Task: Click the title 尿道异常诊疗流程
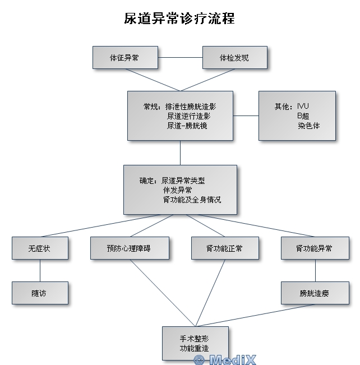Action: click(x=179, y=19)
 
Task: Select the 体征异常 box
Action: click(x=124, y=58)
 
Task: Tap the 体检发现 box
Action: click(x=234, y=58)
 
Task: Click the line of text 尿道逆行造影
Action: click(x=191, y=115)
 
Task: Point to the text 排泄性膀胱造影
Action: click(x=191, y=105)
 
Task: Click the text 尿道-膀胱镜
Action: click(x=187, y=126)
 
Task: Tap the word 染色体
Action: click(x=309, y=126)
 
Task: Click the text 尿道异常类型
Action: click(x=183, y=181)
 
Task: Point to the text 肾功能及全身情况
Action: click(x=192, y=199)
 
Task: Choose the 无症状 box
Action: click(x=40, y=248)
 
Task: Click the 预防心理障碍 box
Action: click(x=130, y=248)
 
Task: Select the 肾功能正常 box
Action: click(x=225, y=248)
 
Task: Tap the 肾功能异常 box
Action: click(x=315, y=248)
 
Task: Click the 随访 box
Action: click(x=40, y=293)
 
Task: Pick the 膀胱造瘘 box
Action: click(x=315, y=293)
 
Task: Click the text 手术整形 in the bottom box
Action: click(x=195, y=339)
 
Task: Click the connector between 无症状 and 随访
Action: click(x=40, y=270)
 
